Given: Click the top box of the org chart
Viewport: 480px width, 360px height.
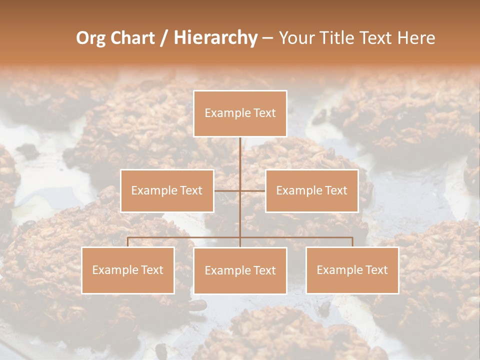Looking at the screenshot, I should [240, 113].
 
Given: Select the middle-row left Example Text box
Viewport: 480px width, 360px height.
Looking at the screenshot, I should [167, 190].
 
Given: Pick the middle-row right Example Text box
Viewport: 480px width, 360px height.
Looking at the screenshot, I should [311, 190].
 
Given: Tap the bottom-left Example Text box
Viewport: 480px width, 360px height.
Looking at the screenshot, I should [128, 270].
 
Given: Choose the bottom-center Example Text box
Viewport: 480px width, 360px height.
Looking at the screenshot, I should [240, 271].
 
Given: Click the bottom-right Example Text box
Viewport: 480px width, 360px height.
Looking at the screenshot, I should [352, 270].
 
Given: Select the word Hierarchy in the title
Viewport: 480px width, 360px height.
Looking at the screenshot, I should [215, 38].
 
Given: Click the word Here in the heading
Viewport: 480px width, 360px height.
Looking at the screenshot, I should [416, 38].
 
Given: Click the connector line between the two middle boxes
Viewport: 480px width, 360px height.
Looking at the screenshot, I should [240, 190].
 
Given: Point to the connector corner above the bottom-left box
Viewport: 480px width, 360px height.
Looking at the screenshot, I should [128, 238].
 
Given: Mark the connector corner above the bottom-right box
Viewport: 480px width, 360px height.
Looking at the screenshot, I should [352, 238].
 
